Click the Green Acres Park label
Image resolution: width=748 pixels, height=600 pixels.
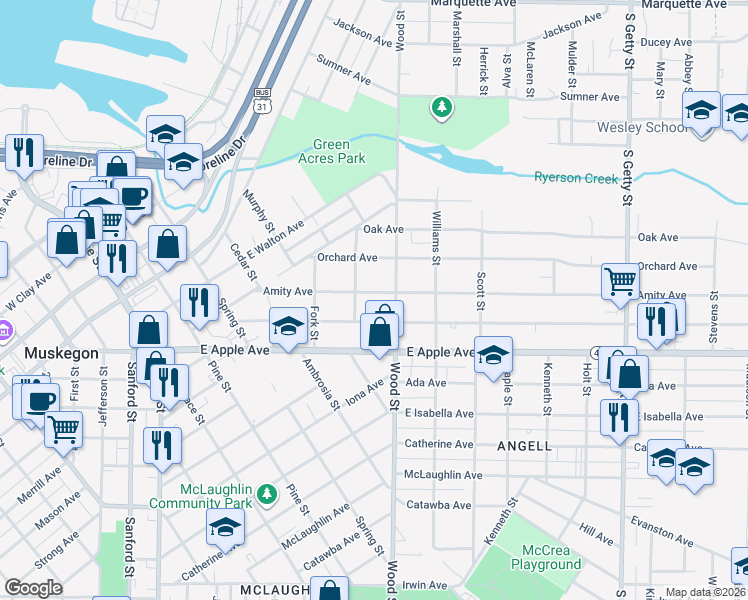pyautogui.click(x=332, y=151)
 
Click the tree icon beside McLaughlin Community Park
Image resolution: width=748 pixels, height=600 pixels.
pyautogui.click(x=266, y=494)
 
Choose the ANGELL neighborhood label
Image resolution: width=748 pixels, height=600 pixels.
pyautogui.click(x=523, y=445)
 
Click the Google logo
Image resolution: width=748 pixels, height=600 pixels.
pyautogui.click(x=33, y=587)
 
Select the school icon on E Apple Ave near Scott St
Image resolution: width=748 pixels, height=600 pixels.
pyautogui.click(x=493, y=355)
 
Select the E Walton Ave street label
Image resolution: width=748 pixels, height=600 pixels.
pyautogui.click(x=274, y=240)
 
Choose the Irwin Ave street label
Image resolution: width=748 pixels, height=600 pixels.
pyautogui.click(x=425, y=585)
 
